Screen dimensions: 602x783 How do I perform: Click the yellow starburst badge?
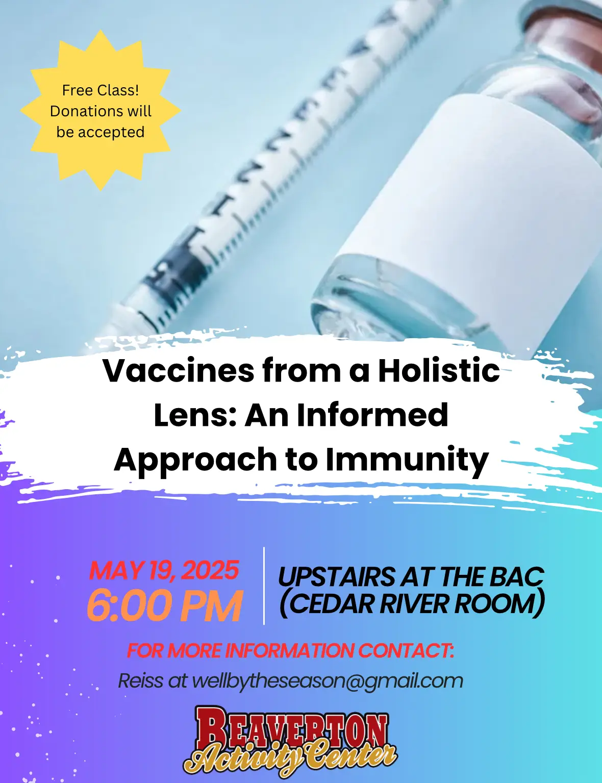101,110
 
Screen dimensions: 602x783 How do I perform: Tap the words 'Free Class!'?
101,90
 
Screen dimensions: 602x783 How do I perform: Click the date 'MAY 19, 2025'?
164,570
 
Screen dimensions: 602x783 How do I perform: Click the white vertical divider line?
264,591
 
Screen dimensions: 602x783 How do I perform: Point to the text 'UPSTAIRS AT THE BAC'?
411,576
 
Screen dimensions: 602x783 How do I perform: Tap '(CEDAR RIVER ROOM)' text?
412,604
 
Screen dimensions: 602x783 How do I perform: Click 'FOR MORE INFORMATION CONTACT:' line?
290,651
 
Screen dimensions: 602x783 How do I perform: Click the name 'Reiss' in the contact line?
141,680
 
